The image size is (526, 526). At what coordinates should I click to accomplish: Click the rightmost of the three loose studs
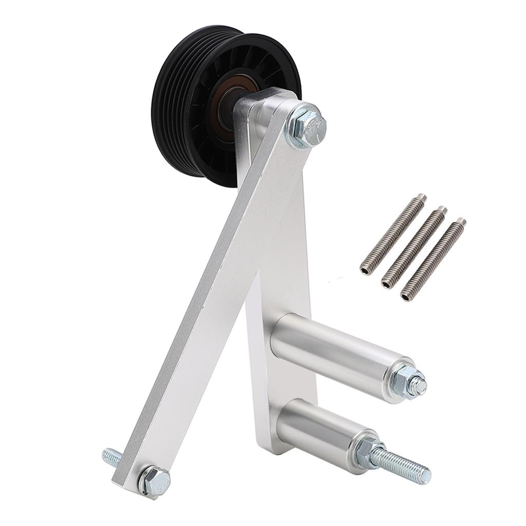pos(434,259)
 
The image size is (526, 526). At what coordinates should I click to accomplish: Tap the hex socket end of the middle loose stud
pos(387,282)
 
